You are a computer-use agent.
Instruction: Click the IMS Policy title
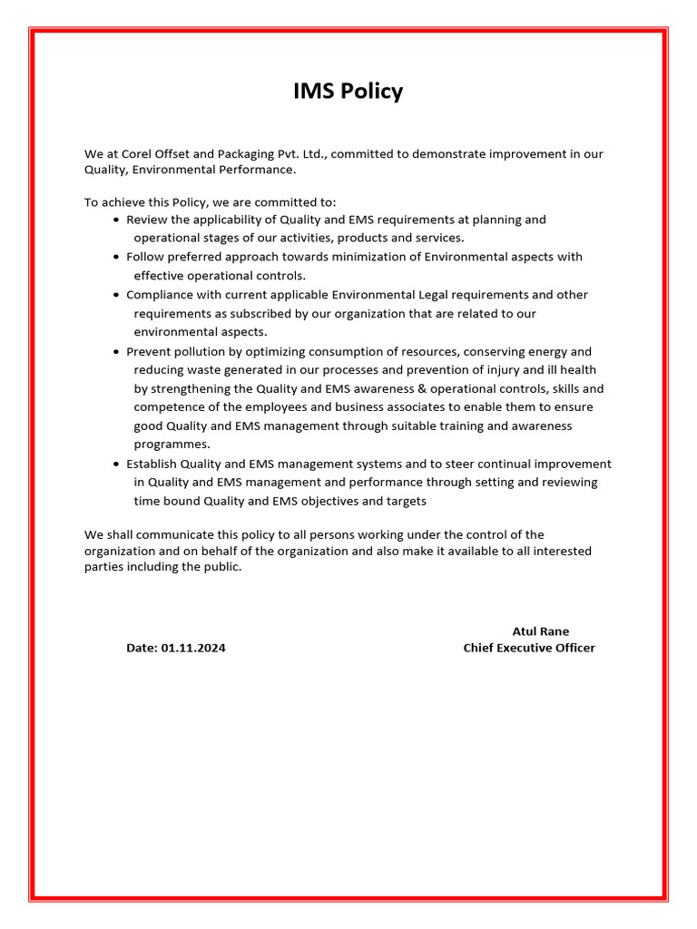(348, 92)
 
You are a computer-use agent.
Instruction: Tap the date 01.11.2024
(193, 648)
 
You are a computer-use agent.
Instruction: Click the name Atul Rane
(541, 631)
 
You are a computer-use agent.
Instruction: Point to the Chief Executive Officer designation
(529, 648)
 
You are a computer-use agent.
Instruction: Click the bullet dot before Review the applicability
(116, 220)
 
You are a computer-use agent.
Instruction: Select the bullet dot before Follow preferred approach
(116, 258)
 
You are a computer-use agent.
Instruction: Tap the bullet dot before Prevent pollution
(116, 352)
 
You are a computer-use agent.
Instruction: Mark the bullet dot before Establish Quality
(116, 464)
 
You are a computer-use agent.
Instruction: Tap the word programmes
(172, 445)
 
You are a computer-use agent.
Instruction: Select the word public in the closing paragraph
(221, 568)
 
